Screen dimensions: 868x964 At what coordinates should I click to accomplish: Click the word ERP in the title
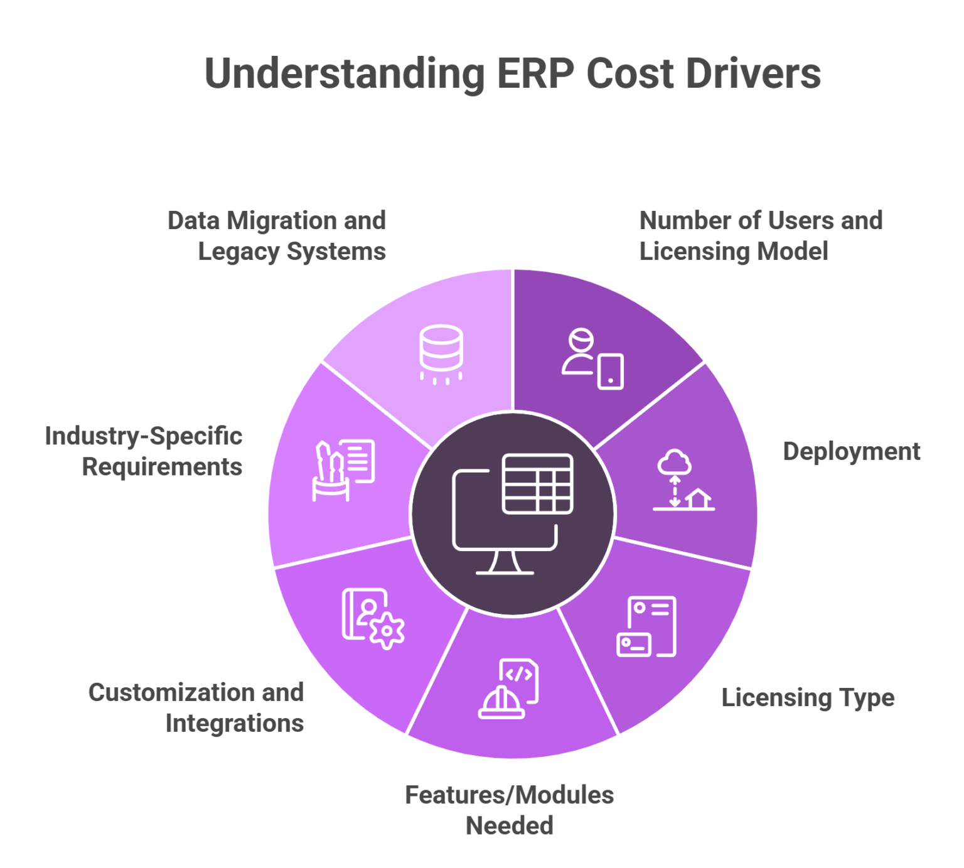coord(535,74)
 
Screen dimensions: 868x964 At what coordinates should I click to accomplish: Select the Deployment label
coord(852,452)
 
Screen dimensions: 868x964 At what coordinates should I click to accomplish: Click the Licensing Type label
coord(808,698)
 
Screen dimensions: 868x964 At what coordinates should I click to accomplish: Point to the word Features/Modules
coord(509,796)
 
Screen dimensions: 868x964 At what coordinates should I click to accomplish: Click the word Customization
coord(170,693)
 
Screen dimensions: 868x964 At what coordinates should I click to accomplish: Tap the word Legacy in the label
coord(238,252)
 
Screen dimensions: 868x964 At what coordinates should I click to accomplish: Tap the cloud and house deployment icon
coord(683,480)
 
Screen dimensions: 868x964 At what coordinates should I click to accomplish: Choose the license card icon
coord(646,626)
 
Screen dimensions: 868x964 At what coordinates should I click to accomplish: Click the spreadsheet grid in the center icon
coord(538,484)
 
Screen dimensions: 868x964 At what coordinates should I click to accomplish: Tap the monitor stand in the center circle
coord(505,562)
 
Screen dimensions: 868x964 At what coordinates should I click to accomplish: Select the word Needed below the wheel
coord(509,826)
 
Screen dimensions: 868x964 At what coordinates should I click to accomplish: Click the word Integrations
coord(235,724)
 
